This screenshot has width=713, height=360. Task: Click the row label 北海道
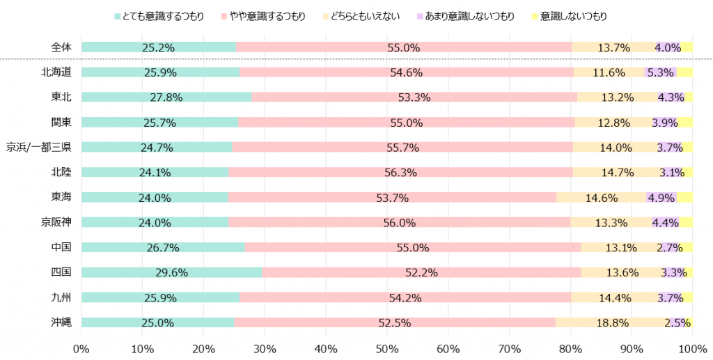[x=56, y=72]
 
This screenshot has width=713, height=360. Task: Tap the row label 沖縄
[x=61, y=322]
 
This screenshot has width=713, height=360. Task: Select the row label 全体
[x=61, y=47]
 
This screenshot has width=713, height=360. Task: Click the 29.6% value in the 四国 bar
[x=171, y=272]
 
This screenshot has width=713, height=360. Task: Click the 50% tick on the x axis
[x=387, y=347]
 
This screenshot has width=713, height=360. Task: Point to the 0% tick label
[x=81, y=347]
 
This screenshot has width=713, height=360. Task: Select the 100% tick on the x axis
[x=692, y=347]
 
